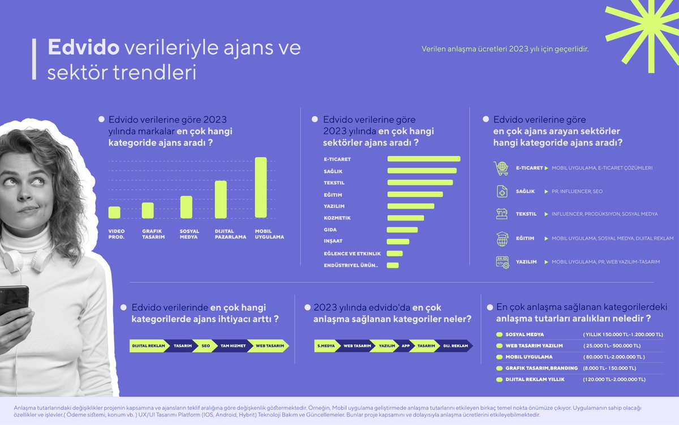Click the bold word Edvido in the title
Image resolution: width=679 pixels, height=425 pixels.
tap(83, 48)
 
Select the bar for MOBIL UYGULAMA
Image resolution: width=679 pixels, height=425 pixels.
tap(260, 187)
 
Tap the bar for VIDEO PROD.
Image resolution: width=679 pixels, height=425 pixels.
tap(114, 212)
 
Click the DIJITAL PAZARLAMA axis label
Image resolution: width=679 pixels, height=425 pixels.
tap(230, 234)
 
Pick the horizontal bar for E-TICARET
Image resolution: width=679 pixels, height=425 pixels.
tap(423, 159)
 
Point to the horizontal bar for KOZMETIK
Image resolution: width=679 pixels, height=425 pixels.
tap(405, 218)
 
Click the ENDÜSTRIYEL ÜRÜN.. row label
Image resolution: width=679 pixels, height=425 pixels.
tap(351, 265)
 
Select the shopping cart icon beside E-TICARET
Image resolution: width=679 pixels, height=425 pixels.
tap(501, 168)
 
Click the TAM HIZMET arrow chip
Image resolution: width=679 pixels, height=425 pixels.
tap(233, 346)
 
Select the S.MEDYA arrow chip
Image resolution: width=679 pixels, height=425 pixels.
tap(326, 346)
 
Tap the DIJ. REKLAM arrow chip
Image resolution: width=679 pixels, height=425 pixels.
tap(455, 346)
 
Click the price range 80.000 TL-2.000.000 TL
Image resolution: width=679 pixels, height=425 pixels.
tap(613, 357)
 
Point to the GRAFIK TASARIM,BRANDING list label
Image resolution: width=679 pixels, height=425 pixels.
tap(541, 368)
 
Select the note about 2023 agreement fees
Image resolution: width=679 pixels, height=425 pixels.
tap(505, 49)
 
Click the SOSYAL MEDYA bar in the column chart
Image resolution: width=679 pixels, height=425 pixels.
tap(186, 207)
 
